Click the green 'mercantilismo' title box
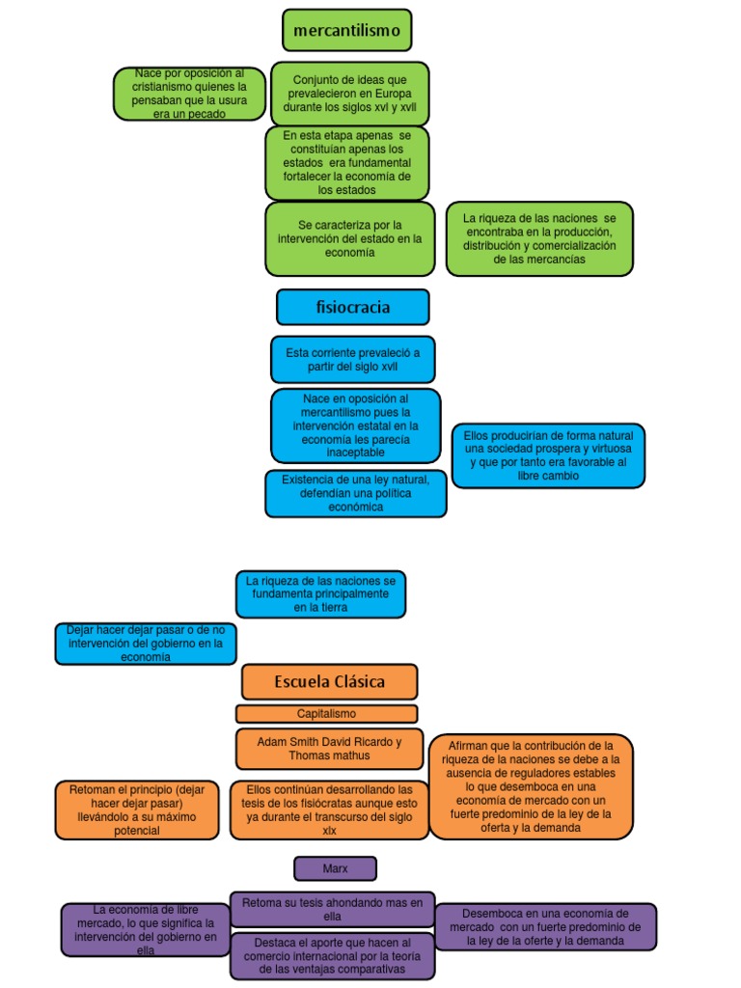[x=346, y=30]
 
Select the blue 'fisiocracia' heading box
[x=353, y=307]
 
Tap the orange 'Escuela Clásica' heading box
[x=330, y=681]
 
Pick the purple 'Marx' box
[x=335, y=868]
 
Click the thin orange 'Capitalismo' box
[x=326, y=713]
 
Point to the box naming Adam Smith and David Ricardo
[x=330, y=749]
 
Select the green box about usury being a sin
[x=189, y=94]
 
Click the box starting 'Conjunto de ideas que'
[x=349, y=94]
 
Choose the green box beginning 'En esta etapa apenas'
[x=346, y=162]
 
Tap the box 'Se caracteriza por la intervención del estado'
[x=349, y=239]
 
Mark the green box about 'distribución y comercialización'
[x=539, y=239]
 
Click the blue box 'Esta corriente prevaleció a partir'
[x=353, y=359]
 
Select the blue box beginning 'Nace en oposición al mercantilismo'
[x=355, y=425]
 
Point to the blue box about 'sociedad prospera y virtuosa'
[x=548, y=455]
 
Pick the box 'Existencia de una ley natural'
[x=355, y=493]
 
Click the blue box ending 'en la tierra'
[x=320, y=594]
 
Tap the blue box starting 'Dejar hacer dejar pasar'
[x=146, y=644]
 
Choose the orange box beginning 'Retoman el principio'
[x=137, y=810]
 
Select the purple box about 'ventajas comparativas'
[x=332, y=956]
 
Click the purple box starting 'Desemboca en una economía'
[x=546, y=927]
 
